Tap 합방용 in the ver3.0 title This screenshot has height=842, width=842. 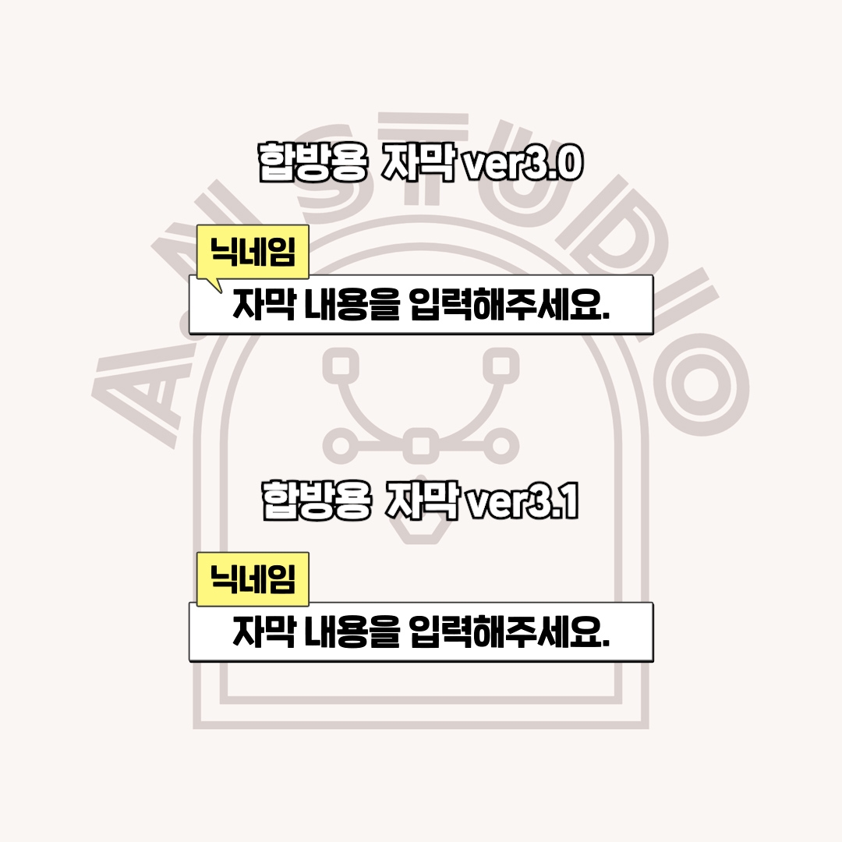tap(313, 161)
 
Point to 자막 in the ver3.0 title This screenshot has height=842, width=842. tap(419, 161)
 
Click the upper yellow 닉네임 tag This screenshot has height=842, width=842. tap(253, 252)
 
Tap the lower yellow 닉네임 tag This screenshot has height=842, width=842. tap(253, 578)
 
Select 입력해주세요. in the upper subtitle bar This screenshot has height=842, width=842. tap(510, 304)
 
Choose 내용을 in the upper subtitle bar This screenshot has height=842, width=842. tap(352, 304)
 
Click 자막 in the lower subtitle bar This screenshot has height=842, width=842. tap(264, 631)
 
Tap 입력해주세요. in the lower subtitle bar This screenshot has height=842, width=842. tap(510, 631)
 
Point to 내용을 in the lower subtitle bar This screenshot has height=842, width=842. tap(352, 631)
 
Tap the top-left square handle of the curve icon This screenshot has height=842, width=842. tap(341, 366)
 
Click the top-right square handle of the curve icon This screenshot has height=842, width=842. tap(501, 366)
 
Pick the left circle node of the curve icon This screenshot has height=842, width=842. tap(341, 446)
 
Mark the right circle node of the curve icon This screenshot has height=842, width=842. tap(501, 446)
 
